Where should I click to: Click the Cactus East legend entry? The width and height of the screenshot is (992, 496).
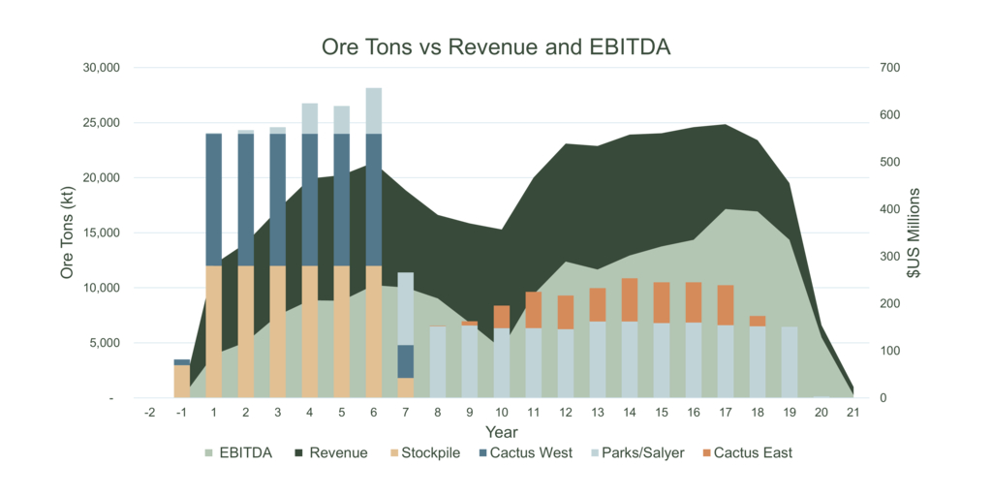coord(753,452)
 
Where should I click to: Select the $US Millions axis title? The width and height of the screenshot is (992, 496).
coord(914,233)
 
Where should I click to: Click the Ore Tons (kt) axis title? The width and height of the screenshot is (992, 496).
coord(68,233)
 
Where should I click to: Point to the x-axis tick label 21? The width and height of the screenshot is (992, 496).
coord(852,413)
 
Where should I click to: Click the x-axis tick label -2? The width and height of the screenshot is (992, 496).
coord(150,413)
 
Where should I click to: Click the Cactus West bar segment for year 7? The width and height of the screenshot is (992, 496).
coord(405,361)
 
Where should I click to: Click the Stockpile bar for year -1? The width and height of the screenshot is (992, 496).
coord(182,381)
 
